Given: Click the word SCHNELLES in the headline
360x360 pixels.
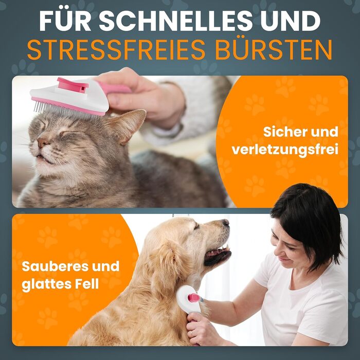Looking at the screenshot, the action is (x=176, y=21).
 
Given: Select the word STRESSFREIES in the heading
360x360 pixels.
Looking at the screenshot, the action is (x=116, y=50).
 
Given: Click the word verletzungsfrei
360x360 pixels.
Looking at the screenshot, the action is (x=285, y=150).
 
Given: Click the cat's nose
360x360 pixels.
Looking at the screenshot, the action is (x=42, y=142).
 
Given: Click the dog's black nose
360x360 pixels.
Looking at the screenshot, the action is (x=226, y=222).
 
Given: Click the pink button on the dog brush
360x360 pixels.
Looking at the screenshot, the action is (x=194, y=298).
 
